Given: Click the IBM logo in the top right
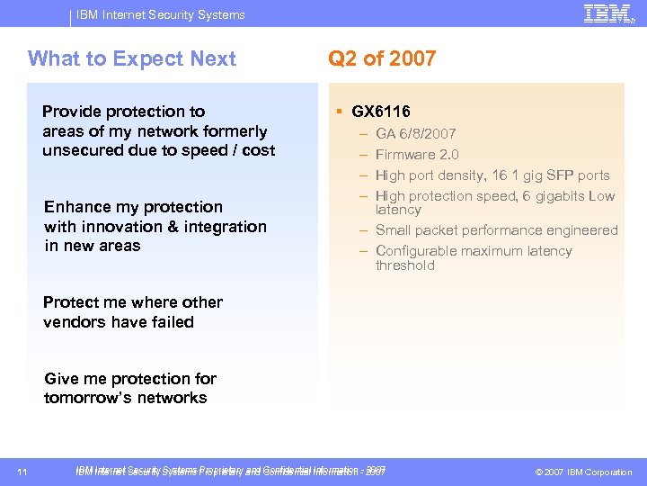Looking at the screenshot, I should pyautogui.click(x=607, y=13).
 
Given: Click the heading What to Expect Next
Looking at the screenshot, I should pyautogui.click(x=132, y=59).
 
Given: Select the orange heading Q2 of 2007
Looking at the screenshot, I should pyautogui.click(x=382, y=59).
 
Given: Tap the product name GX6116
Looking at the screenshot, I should pyautogui.click(x=381, y=112).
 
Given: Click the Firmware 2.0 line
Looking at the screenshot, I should pyautogui.click(x=417, y=155).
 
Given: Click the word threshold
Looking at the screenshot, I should pyautogui.click(x=404, y=265).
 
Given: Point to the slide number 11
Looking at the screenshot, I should pyautogui.click(x=22, y=472).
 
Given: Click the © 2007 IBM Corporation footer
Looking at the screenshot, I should pyautogui.click(x=583, y=472).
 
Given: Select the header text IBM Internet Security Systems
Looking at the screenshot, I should pyautogui.click(x=161, y=14).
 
